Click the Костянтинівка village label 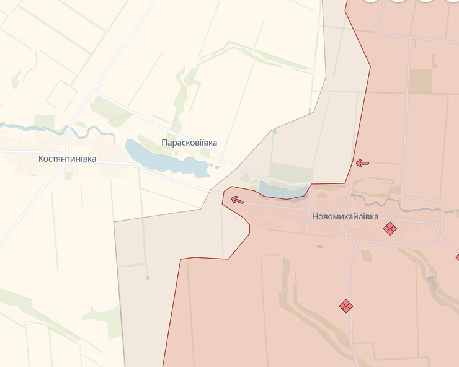point(67,159)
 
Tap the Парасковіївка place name point(189,143)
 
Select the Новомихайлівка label point(345,217)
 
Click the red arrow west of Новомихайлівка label point(237,200)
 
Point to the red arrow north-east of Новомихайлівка point(362,163)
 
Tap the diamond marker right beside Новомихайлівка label point(390,229)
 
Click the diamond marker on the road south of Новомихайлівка point(346,306)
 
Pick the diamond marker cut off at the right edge point(457,257)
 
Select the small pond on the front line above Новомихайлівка point(282,190)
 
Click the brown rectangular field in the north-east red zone point(421,81)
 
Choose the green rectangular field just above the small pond point(291,173)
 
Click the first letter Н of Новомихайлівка point(316,217)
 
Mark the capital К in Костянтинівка point(41,159)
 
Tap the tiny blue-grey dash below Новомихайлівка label point(319,247)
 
